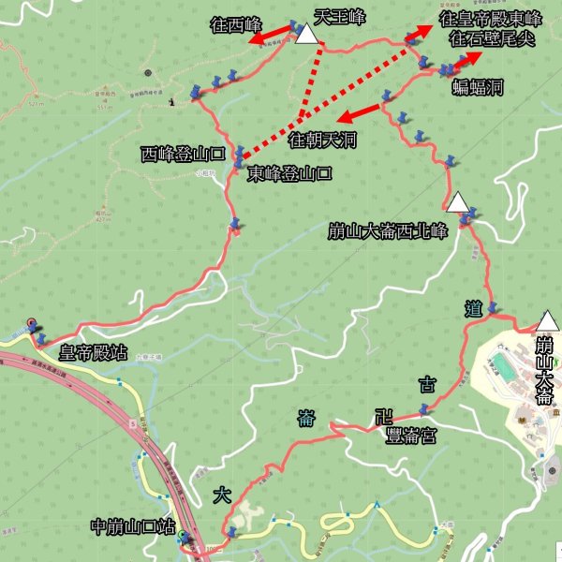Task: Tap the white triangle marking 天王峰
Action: (306, 35)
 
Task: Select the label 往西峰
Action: (236, 24)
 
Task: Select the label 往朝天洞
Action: (322, 140)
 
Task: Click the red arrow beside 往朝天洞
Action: (361, 113)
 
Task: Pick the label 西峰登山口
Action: (182, 154)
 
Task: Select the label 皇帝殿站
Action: (94, 353)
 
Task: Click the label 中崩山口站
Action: (135, 525)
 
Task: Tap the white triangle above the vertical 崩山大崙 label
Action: (546, 321)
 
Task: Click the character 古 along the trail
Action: (426, 382)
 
